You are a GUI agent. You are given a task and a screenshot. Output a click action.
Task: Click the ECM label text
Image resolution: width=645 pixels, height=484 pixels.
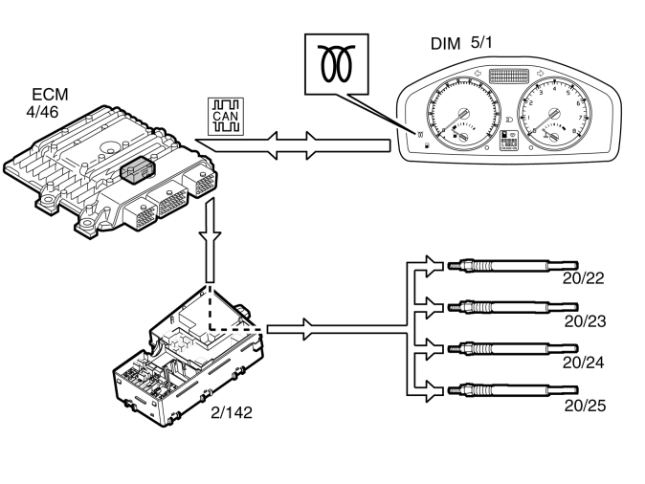click(50, 95)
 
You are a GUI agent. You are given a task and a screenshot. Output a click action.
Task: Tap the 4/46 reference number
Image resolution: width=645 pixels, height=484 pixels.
click(42, 112)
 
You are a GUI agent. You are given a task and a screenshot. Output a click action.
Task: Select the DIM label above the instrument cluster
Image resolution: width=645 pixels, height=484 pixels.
click(446, 44)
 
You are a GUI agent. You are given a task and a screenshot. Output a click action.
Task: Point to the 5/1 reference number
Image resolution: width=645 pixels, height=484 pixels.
click(481, 42)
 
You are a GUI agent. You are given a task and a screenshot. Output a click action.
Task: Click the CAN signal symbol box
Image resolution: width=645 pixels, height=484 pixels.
click(226, 117)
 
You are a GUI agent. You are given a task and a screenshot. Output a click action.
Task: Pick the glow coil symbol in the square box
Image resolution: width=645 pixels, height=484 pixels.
click(337, 63)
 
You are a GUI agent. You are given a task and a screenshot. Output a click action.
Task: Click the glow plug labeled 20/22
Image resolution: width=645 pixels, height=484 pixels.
click(513, 266)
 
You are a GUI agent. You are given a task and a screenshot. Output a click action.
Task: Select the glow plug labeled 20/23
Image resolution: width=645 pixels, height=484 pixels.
click(513, 307)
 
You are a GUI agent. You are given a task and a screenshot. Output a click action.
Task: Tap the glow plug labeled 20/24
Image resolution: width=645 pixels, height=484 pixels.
click(513, 349)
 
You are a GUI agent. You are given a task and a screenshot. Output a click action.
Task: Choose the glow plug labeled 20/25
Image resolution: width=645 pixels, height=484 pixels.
click(513, 390)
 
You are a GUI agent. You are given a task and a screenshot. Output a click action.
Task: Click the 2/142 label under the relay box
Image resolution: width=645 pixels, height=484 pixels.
click(232, 412)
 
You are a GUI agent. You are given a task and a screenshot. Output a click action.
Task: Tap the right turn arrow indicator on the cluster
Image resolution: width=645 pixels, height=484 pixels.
click(540, 74)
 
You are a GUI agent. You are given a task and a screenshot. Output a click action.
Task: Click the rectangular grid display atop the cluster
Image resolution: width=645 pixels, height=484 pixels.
click(509, 76)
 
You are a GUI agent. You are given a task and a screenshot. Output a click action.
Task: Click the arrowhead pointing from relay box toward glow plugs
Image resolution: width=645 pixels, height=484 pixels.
click(308, 329)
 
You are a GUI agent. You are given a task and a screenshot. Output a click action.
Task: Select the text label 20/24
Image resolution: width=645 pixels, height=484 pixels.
click(583, 363)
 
